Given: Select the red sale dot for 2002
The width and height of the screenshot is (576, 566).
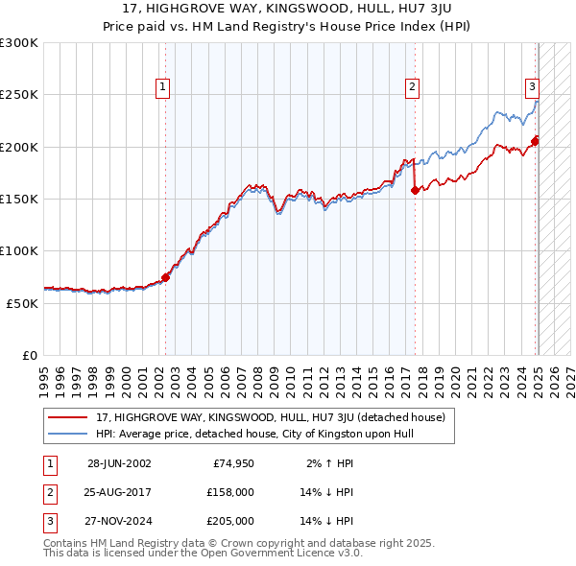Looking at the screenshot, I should point(165,277).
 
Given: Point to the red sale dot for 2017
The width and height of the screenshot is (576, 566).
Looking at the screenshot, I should point(415,190).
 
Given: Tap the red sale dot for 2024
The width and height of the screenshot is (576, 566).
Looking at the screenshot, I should point(535,142).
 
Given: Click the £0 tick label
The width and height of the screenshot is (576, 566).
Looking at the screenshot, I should point(29,355).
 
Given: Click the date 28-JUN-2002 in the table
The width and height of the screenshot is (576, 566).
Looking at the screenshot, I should point(119,463).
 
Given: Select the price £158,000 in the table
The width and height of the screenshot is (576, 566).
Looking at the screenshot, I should point(230,492).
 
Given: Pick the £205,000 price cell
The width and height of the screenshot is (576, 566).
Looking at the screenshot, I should point(230,521).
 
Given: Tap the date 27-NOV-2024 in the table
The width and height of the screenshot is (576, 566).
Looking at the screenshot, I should point(119,521).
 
